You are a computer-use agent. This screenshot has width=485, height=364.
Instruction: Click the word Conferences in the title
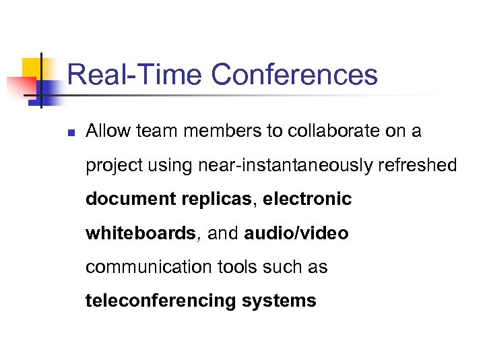(294, 75)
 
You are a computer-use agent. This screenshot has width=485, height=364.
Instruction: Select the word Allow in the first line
(108, 131)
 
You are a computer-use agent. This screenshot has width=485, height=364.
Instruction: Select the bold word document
(131, 200)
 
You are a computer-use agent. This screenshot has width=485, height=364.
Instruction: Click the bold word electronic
(308, 200)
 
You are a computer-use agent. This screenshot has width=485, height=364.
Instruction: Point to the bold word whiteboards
(140, 233)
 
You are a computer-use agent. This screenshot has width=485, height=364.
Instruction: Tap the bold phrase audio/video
(296, 233)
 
